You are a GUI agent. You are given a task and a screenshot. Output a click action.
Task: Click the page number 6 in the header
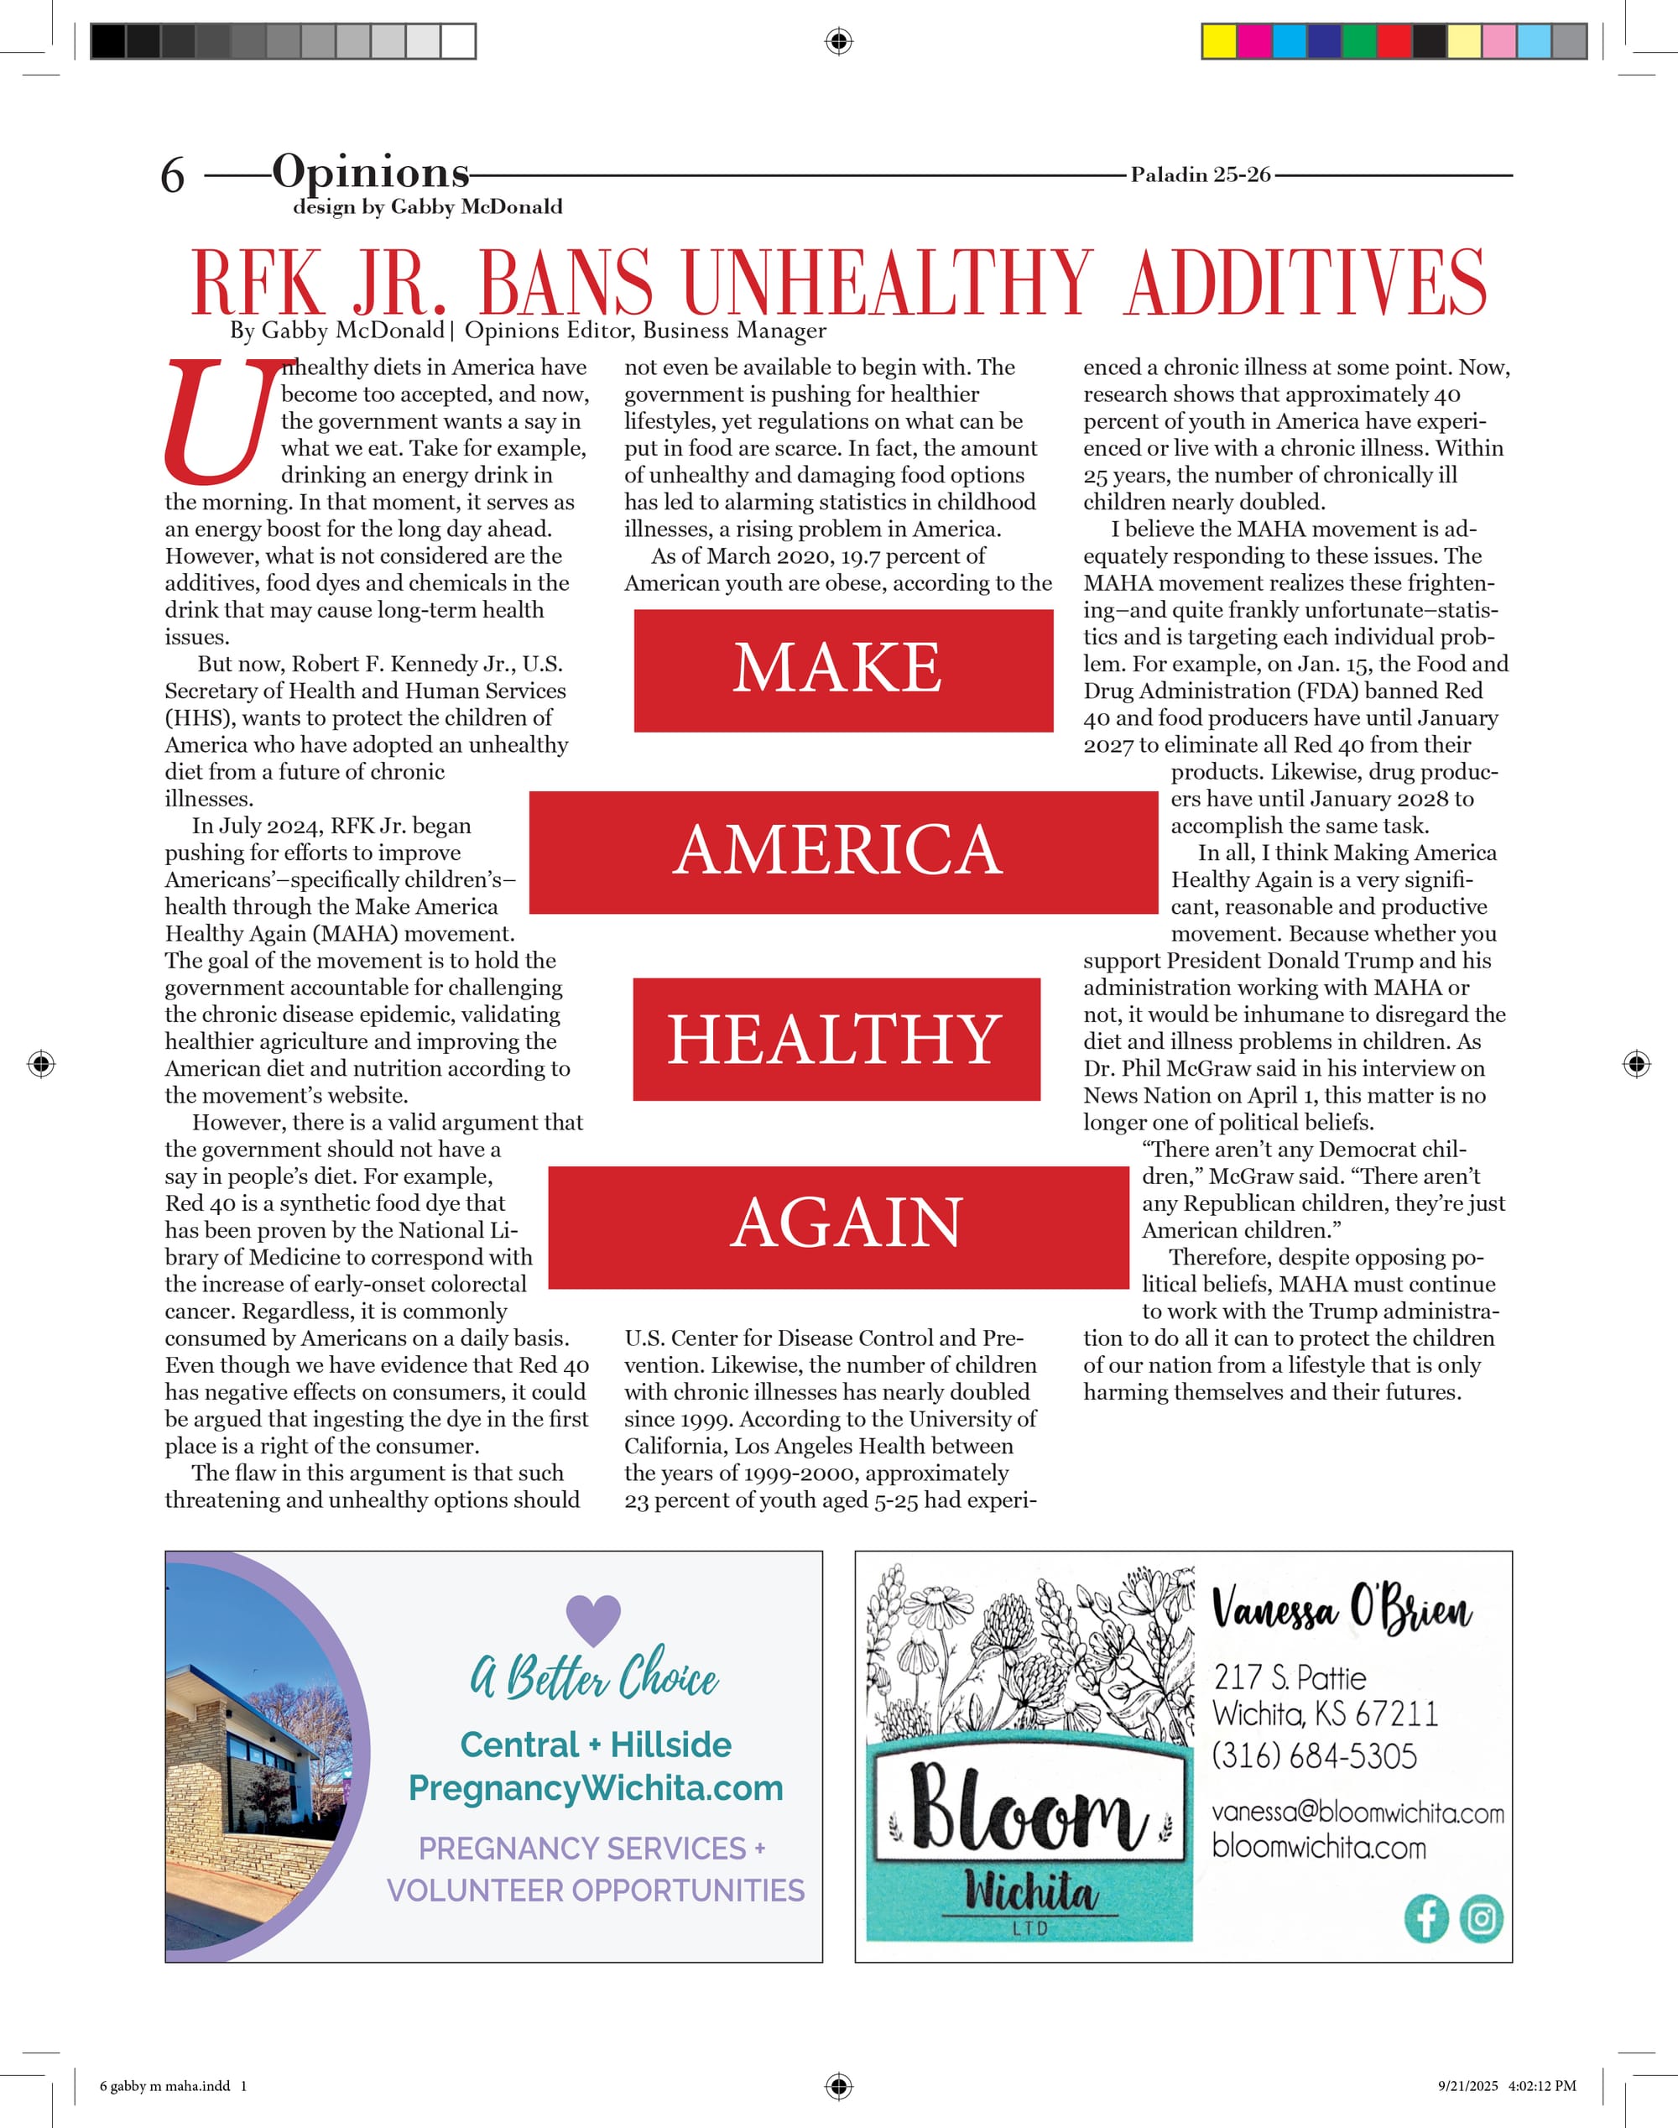(172, 176)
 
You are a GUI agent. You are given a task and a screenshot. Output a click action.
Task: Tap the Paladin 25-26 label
(1200, 175)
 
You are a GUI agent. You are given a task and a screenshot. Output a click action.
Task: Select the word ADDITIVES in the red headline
(1305, 283)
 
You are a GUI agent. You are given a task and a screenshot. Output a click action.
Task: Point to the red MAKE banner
(843, 670)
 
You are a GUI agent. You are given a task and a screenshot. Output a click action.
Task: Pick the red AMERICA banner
(843, 852)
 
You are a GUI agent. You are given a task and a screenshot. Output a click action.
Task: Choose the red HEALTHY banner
(836, 1039)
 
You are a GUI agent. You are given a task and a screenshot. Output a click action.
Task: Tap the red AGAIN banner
(838, 1226)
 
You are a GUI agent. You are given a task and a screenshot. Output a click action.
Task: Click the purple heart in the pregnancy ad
(593, 1617)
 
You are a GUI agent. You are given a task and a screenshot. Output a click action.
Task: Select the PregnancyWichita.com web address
(596, 1788)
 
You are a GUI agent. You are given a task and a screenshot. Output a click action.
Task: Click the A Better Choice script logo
(593, 1676)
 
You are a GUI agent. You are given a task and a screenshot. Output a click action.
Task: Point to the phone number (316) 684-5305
(1315, 1755)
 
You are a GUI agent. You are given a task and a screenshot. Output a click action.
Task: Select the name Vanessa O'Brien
(1341, 1610)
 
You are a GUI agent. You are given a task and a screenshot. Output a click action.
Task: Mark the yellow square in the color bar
(1219, 41)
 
